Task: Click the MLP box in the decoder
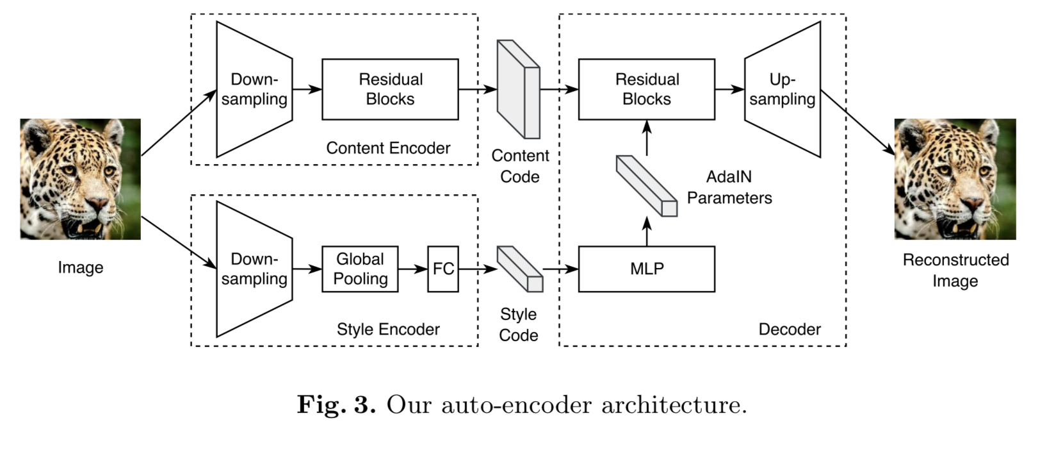click(646, 269)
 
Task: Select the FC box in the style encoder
click(443, 269)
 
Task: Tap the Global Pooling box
click(359, 269)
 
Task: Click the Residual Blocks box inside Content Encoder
click(390, 90)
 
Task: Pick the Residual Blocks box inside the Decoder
click(646, 90)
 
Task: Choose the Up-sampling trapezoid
click(783, 90)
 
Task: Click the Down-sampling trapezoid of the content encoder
click(254, 90)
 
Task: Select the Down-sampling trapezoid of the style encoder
click(254, 269)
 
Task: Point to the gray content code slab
click(518, 90)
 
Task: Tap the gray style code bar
click(520, 269)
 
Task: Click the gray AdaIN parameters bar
click(646, 186)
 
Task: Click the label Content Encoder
click(388, 148)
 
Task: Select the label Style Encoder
click(388, 329)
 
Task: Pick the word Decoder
click(789, 329)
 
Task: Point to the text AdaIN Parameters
click(729, 187)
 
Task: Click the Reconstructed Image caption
click(955, 270)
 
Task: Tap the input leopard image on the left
click(80, 179)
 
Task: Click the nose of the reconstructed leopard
click(971, 204)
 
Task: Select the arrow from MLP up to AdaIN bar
click(647, 231)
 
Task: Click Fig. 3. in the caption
click(336, 405)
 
